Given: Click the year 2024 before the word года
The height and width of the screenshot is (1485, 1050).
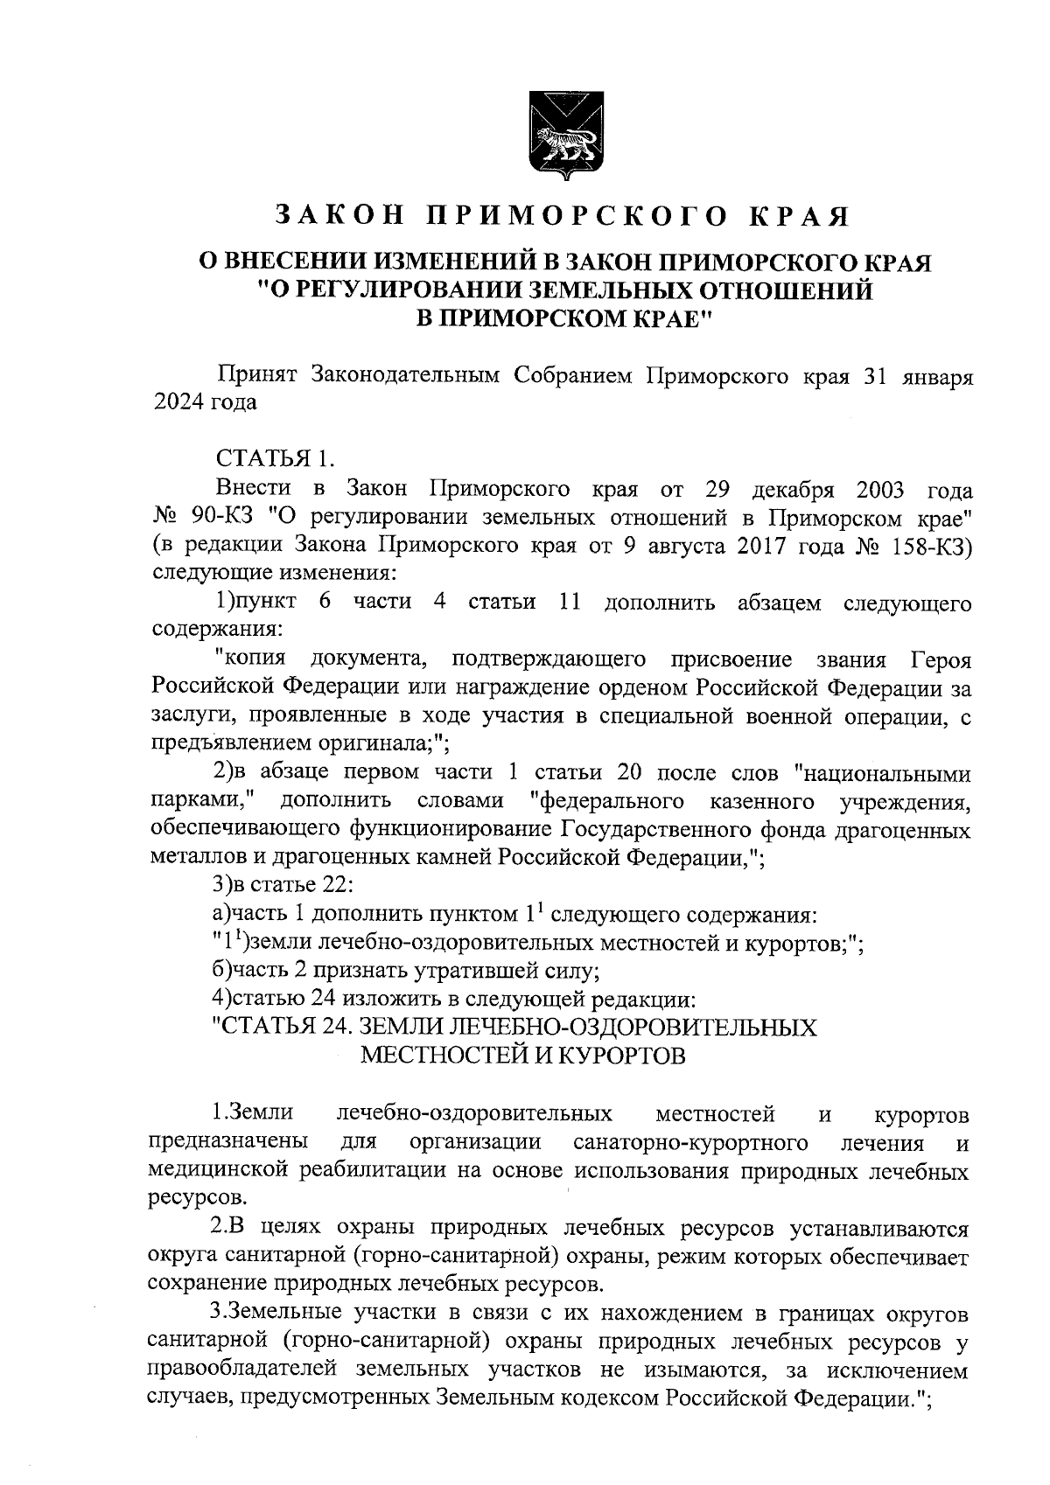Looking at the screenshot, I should coord(178,404).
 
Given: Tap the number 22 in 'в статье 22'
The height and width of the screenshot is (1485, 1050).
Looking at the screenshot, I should coord(337,885).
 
